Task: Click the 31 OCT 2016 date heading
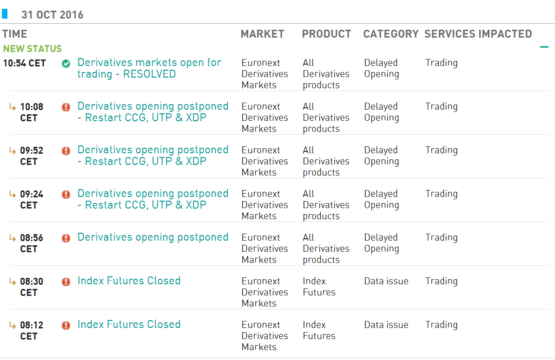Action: (x=53, y=15)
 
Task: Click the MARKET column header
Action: (x=262, y=34)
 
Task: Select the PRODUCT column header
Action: (x=326, y=34)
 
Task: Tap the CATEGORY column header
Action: (x=391, y=34)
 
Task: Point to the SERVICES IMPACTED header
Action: (x=478, y=34)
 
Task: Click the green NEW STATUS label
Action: (x=33, y=48)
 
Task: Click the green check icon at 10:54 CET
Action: (x=66, y=64)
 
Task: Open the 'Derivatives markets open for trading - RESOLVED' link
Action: (x=149, y=68)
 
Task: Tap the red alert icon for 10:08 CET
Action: (x=66, y=107)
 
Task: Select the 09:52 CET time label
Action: (x=32, y=156)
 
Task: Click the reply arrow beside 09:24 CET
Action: (x=13, y=194)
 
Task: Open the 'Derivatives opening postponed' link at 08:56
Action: (x=153, y=237)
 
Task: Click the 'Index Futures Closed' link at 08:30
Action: (x=129, y=281)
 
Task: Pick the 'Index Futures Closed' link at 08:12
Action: (x=129, y=325)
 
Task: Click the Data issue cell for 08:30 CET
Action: (x=386, y=281)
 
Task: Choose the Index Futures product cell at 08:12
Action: (x=319, y=330)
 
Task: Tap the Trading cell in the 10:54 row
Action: (x=442, y=63)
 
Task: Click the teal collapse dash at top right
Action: (x=544, y=46)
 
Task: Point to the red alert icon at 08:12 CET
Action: (x=66, y=325)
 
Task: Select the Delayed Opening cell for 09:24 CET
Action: (x=382, y=199)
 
